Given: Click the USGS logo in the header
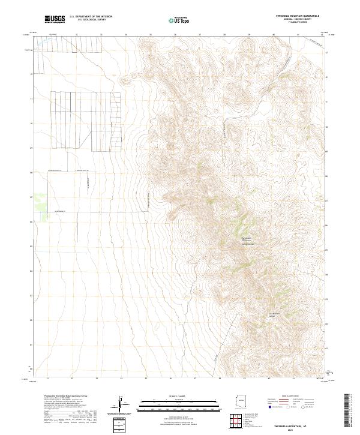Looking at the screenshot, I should (x=55, y=19).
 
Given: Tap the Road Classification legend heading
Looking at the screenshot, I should (x=292, y=396).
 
